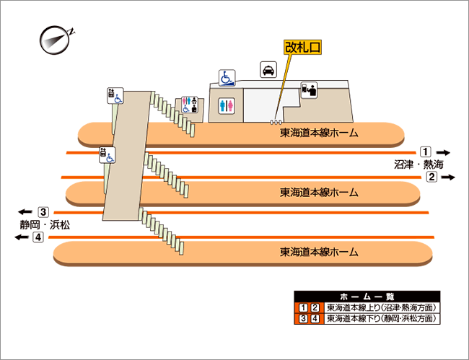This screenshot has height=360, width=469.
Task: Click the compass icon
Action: click(55, 40)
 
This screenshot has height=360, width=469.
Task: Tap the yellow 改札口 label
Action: click(303, 47)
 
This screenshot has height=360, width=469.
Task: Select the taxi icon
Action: click(268, 70)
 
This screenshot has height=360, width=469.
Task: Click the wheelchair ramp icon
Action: click(227, 78)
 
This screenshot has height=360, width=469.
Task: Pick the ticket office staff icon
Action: click(309, 90)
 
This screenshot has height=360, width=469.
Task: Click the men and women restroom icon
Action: click(227, 105)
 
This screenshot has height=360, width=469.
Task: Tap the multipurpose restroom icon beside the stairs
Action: click(190, 105)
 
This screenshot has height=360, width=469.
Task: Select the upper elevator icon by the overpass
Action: click(115, 96)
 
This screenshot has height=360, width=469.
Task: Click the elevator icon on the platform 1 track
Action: click(107, 155)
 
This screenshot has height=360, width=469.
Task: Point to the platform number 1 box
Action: click(426, 152)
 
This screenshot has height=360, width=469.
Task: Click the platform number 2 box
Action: click(431, 177)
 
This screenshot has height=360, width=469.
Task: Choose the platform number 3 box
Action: click(43, 212)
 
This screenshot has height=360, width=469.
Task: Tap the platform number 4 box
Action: click(38, 237)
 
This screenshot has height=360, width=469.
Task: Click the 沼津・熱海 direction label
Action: click(418, 164)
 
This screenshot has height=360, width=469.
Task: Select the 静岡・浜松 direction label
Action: click(45, 224)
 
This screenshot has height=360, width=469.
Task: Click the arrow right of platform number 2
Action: click(448, 177)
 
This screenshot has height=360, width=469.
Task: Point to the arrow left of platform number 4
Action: click(22, 237)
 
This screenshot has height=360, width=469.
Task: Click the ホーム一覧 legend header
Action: click(367, 297)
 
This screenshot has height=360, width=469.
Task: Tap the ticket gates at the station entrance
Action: click(276, 122)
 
